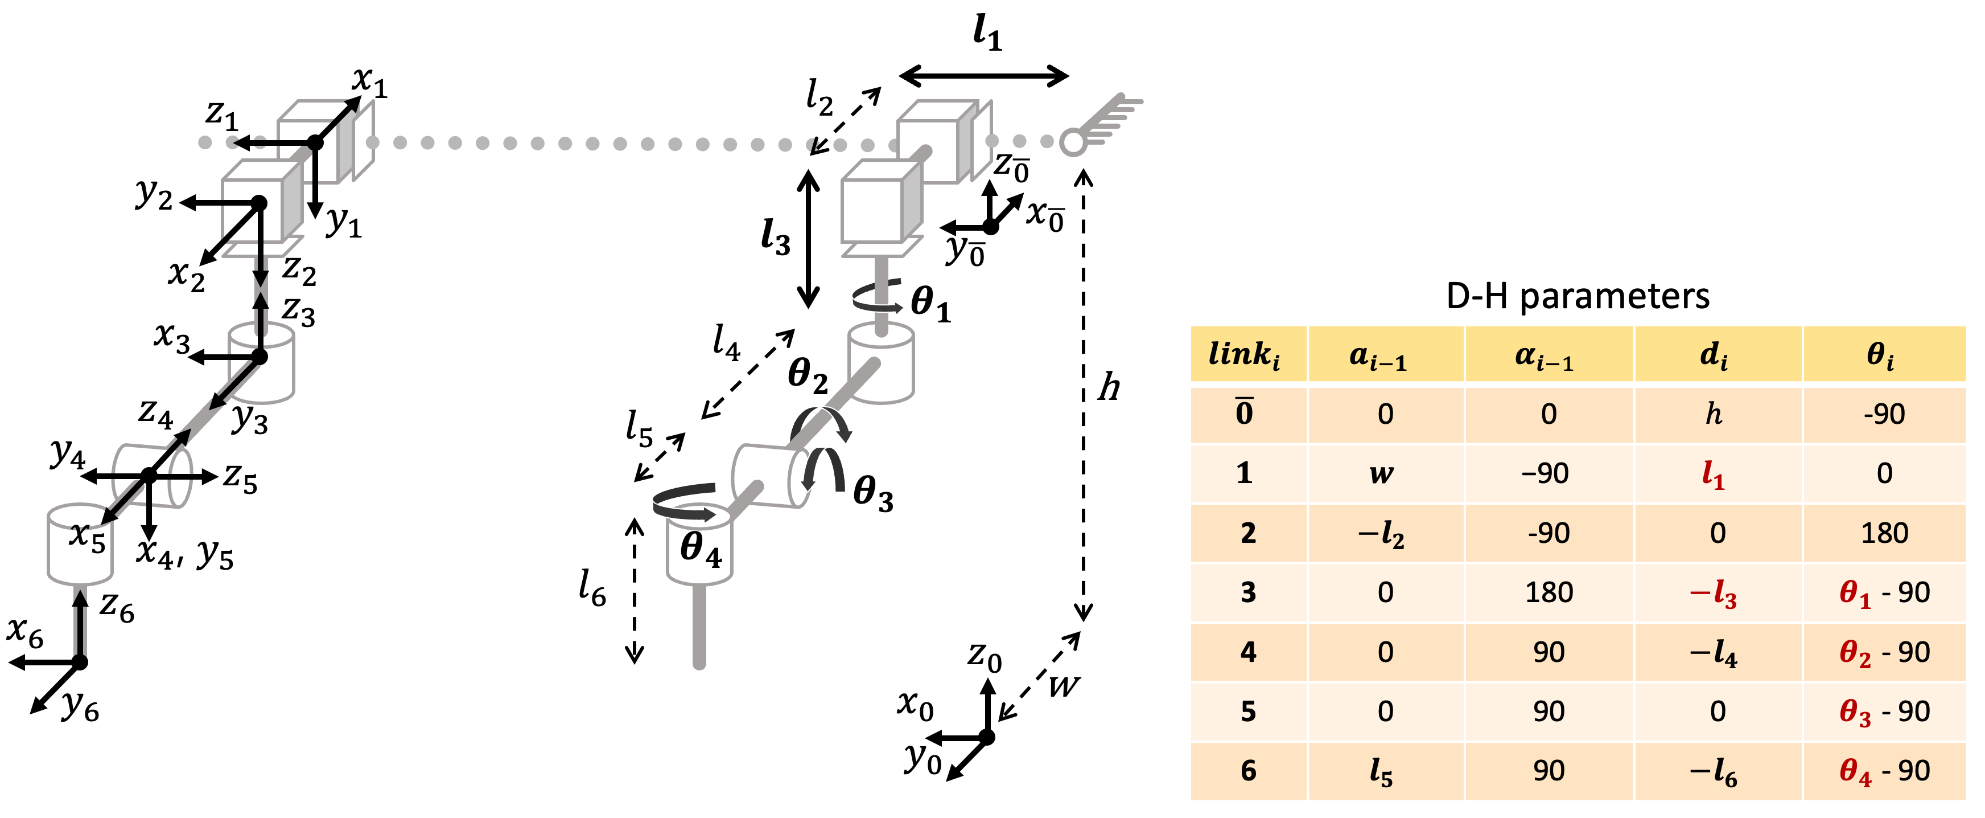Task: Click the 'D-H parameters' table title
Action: pos(1578,296)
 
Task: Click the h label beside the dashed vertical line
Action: pos(1109,387)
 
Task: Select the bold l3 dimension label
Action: pos(775,237)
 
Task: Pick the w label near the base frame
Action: pos(1064,685)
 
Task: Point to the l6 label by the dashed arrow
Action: pos(592,588)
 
